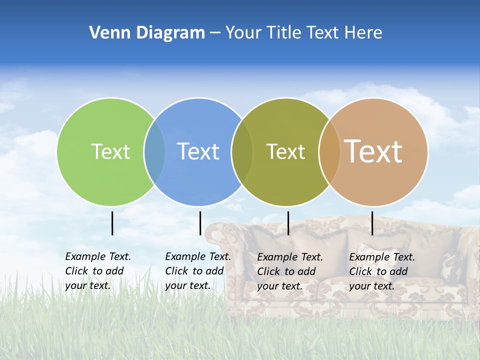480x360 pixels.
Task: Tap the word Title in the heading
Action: [x=284, y=33]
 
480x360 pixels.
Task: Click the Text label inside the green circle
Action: [x=110, y=151]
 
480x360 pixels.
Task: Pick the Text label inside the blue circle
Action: [x=198, y=151]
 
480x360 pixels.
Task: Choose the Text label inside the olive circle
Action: [x=285, y=151]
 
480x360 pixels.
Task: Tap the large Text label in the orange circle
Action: [x=373, y=151]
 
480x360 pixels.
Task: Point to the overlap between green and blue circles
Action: [x=154, y=151]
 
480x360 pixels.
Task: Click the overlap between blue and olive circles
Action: [x=242, y=151]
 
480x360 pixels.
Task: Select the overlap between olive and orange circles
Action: [x=329, y=151]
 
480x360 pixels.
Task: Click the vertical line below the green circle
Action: [x=112, y=223]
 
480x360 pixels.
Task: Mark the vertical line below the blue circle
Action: [x=200, y=223]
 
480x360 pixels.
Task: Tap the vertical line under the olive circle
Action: [x=288, y=223]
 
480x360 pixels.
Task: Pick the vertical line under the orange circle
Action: [x=372, y=223]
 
